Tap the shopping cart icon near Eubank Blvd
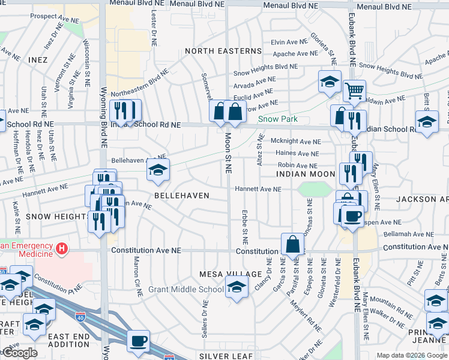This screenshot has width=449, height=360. pos(354,91)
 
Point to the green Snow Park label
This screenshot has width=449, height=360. pos(278,119)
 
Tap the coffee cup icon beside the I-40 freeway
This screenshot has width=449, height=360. pos(139,340)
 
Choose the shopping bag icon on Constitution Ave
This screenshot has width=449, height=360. pos(292,245)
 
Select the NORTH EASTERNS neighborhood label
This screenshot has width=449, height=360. pos(223,51)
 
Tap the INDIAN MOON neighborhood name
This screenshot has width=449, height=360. pos(306,174)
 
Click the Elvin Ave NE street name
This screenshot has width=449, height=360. pos(289,43)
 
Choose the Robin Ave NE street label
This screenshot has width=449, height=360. pos(298,165)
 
